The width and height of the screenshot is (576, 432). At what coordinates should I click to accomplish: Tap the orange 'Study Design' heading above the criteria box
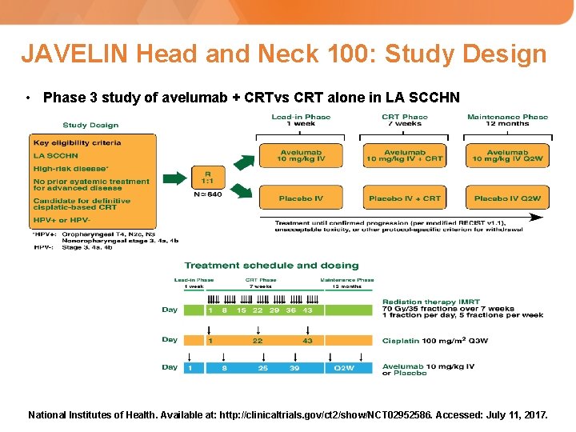[90, 125]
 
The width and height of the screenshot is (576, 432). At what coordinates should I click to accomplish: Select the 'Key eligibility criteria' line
[78, 142]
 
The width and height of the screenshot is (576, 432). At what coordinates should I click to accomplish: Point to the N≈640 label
[208, 194]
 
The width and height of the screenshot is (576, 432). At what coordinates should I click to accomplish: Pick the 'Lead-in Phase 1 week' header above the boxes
[301, 120]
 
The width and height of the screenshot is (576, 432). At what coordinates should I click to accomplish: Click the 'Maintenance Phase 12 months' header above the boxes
[507, 120]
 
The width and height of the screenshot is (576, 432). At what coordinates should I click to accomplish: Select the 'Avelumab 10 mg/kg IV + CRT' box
[404, 155]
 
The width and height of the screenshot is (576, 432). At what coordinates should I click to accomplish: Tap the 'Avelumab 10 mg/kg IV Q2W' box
[507, 155]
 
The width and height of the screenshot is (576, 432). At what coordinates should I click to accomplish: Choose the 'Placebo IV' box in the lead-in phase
[301, 198]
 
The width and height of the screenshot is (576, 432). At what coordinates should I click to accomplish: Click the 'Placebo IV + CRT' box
[404, 198]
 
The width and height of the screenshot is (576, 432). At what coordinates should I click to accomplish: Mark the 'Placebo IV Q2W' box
[507, 198]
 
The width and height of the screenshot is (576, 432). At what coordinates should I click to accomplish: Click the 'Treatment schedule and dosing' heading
[271, 266]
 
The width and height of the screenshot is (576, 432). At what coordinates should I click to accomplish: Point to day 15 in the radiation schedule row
[242, 310]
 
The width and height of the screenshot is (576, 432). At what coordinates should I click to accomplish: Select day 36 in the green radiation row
[291, 310]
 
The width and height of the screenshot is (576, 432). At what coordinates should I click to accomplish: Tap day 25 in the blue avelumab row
[263, 367]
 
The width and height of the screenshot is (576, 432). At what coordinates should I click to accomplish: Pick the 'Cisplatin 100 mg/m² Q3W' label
[434, 340]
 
